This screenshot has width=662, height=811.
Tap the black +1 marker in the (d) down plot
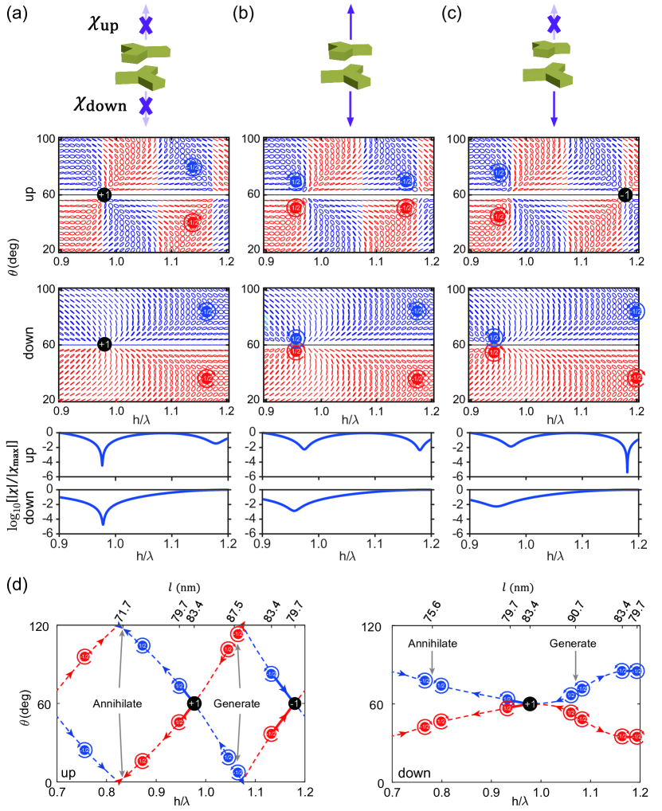(531, 703)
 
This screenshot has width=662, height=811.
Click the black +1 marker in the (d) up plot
(194, 703)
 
